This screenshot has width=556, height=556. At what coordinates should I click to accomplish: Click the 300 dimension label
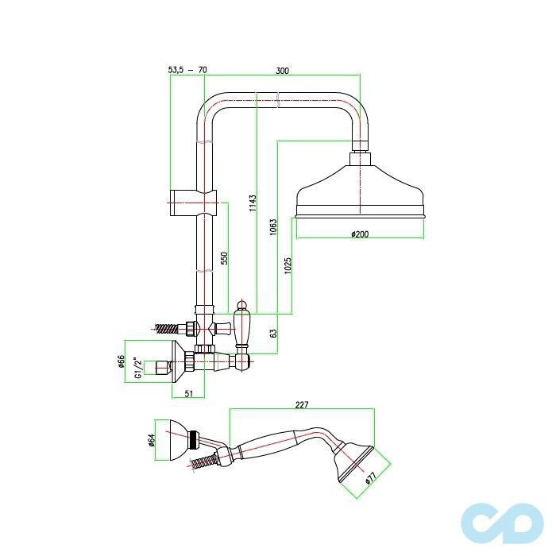point(282,71)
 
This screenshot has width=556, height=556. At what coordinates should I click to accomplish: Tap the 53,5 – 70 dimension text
point(187,71)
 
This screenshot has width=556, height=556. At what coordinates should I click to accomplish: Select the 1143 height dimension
point(253,203)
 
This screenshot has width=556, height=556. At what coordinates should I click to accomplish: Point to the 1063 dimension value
point(272,228)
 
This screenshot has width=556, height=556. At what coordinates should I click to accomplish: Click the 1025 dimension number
point(288,266)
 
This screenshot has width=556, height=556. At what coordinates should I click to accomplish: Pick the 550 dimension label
point(224,258)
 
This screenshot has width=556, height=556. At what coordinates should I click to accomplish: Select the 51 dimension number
point(189,392)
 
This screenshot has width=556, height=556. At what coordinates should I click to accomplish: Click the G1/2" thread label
point(137,367)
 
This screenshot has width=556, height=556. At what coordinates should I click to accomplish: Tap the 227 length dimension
point(301,404)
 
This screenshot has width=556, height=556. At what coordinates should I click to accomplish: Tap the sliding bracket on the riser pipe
point(191,203)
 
